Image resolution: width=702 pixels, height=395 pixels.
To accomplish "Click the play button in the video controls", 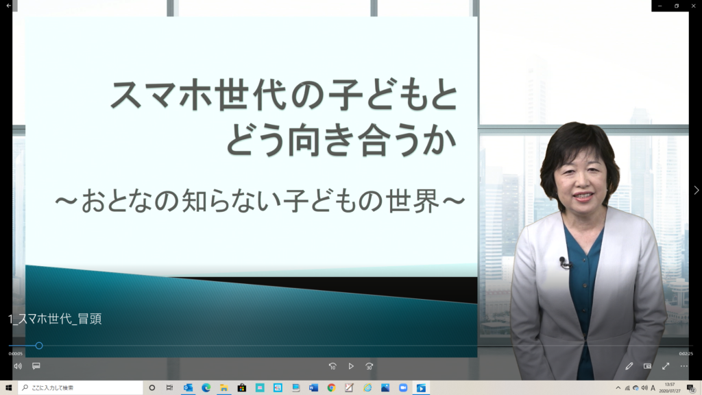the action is click(351, 366).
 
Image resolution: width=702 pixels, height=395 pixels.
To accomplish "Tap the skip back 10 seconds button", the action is click(332, 366).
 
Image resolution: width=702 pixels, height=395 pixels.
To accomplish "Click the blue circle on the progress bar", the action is click(39, 346).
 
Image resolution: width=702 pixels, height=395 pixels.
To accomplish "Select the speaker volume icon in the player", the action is click(18, 366).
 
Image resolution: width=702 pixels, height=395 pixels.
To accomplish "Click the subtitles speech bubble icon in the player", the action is click(36, 366).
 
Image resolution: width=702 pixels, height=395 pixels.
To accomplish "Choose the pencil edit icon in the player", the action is click(629, 366).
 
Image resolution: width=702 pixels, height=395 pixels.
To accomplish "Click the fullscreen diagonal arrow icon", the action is click(666, 366).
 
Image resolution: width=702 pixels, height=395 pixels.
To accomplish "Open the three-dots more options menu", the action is click(684, 366).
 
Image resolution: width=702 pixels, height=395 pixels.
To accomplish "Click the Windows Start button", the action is click(8, 388).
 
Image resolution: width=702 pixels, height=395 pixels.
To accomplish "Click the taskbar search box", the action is click(81, 388).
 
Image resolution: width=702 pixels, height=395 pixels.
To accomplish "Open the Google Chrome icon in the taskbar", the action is click(331, 388).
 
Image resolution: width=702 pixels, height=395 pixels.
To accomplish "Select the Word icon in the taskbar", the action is click(313, 388).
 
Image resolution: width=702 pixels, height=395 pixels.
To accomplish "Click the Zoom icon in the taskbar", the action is click(403, 388).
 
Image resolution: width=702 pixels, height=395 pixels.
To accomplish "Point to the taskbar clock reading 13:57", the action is click(670, 385).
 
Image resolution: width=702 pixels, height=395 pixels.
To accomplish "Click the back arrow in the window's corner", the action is click(8, 5).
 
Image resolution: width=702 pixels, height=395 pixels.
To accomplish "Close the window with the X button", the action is click(694, 5).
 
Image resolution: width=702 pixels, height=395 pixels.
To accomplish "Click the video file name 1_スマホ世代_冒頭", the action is click(55, 319).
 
